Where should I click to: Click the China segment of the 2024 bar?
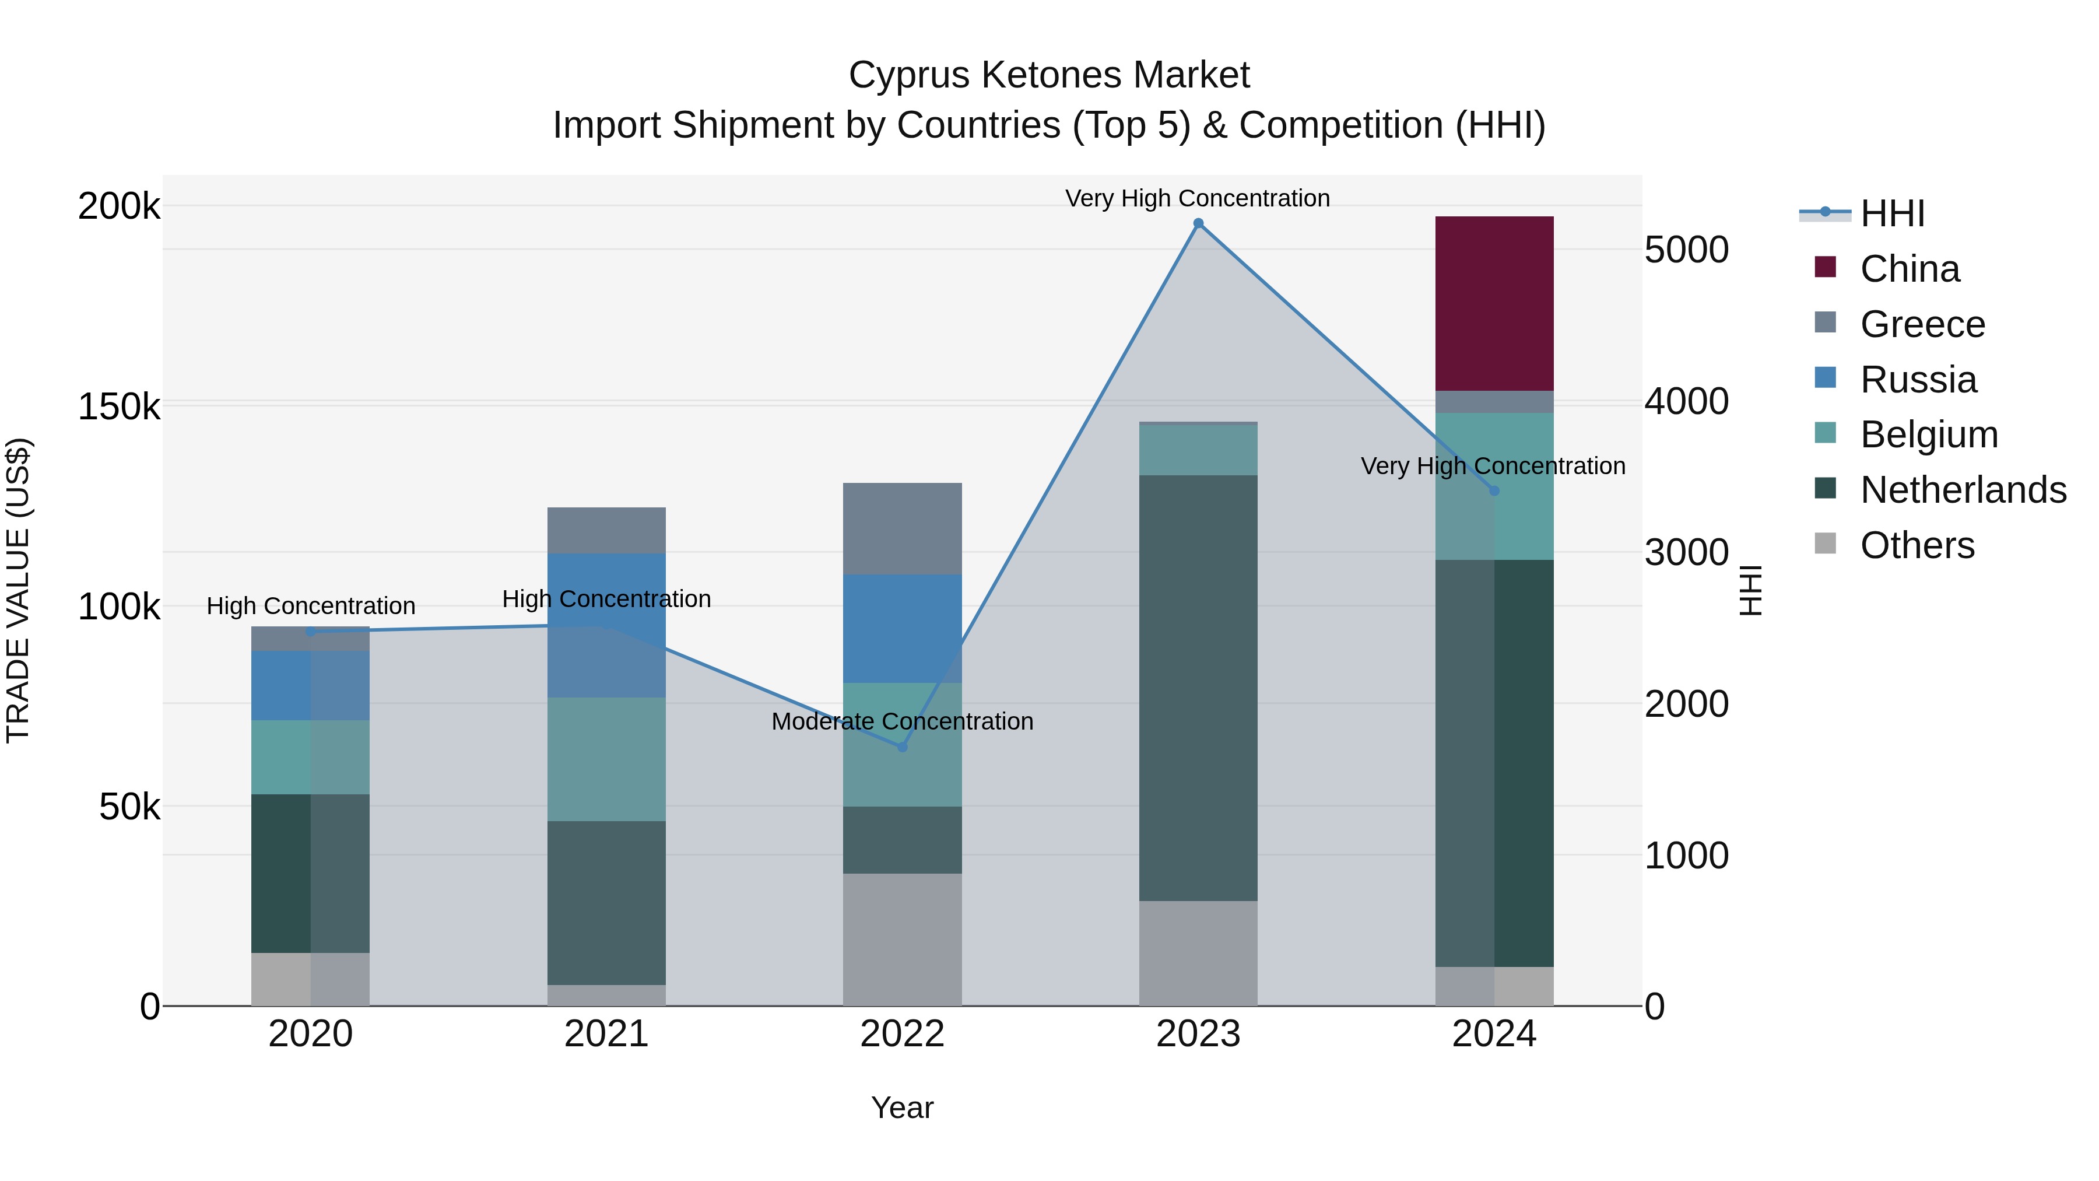(x=1494, y=303)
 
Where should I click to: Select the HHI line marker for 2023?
(x=1198, y=223)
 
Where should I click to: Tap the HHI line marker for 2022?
(x=902, y=747)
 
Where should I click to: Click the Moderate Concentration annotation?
(x=902, y=721)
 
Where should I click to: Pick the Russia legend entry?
(x=1918, y=380)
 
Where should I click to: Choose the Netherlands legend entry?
(x=1963, y=490)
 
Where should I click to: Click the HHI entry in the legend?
(x=1892, y=213)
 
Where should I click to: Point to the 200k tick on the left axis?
(x=119, y=206)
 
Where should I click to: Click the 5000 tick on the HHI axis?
(x=1686, y=250)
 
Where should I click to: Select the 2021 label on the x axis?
(x=606, y=1034)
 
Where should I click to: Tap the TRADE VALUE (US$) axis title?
(x=19, y=590)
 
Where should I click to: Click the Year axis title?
(x=902, y=1108)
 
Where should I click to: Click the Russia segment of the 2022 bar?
(x=902, y=628)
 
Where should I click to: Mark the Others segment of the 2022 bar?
(x=902, y=939)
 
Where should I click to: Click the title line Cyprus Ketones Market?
(x=1049, y=75)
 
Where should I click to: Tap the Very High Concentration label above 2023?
(x=1197, y=198)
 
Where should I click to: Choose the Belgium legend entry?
(x=1928, y=434)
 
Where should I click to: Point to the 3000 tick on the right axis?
(x=1686, y=553)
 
